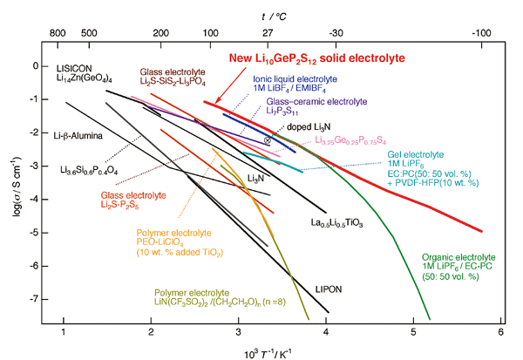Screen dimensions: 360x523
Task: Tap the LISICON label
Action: pyautogui.click(x=75, y=67)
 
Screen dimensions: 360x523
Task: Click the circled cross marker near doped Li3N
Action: pyautogui.click(x=268, y=139)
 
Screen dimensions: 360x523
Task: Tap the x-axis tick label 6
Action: pyautogui.click(x=500, y=334)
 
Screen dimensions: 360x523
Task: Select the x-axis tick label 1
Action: pyautogui.click(x=64, y=334)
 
